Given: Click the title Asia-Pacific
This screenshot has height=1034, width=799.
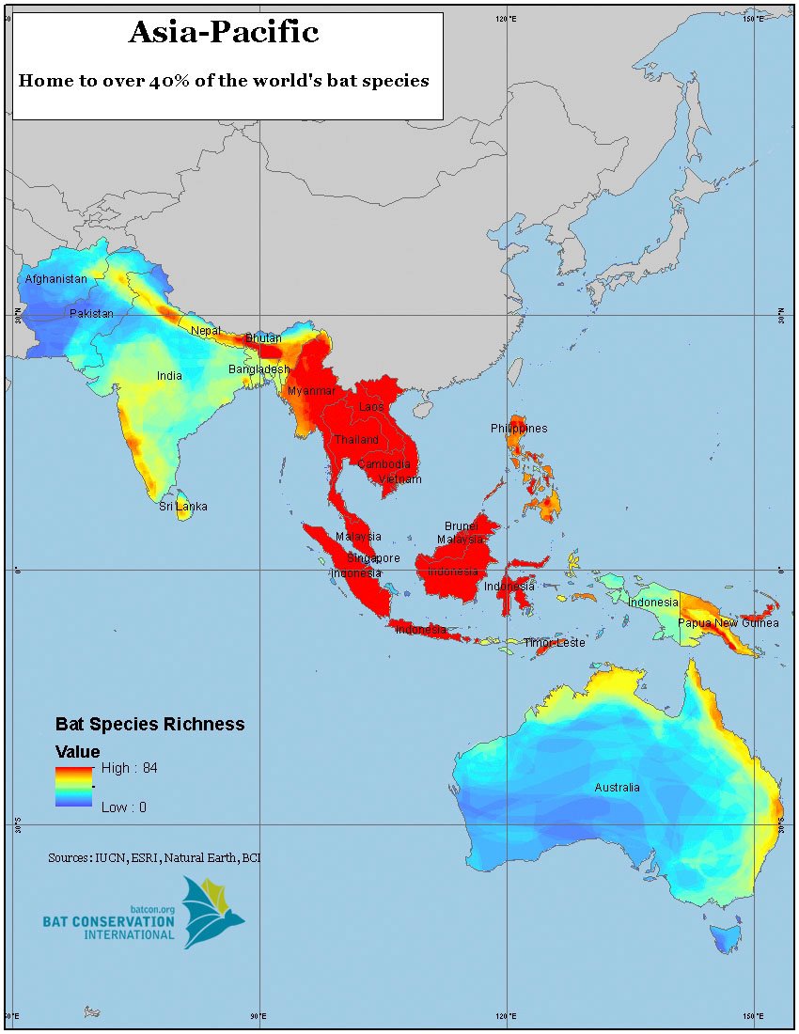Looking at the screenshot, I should pos(224,33).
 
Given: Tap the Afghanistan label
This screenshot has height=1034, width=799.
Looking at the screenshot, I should pos(55,279).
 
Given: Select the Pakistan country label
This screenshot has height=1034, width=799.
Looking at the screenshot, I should pos(91,313).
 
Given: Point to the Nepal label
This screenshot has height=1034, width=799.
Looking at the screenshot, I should pos(206,331).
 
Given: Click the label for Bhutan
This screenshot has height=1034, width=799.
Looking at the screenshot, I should pos(263,337).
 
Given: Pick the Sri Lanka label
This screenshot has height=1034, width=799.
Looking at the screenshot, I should pos(182,507).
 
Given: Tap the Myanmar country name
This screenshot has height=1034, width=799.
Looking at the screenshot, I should pos(311,391).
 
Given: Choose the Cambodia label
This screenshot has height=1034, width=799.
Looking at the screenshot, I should pos(384,464).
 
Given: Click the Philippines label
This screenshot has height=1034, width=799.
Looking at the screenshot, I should pos(519,429).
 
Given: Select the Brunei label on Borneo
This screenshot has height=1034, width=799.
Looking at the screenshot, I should pos(462,526).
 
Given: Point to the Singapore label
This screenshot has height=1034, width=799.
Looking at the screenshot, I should pos(373,557).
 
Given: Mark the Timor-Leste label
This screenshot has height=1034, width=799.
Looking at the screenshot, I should pos(555,643).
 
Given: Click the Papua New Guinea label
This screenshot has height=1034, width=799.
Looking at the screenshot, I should pos(728,623).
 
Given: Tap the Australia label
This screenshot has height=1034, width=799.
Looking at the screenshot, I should pos(617,788).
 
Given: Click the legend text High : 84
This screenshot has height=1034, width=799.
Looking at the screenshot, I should pos(129,768).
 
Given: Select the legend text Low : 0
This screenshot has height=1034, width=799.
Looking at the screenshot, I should pos(123,807).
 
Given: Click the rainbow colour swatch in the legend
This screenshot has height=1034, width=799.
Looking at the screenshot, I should pos(72,787).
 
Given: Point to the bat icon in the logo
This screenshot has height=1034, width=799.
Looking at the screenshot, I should pos(212,910).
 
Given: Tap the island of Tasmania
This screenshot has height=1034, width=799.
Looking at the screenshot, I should pos(725,937).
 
